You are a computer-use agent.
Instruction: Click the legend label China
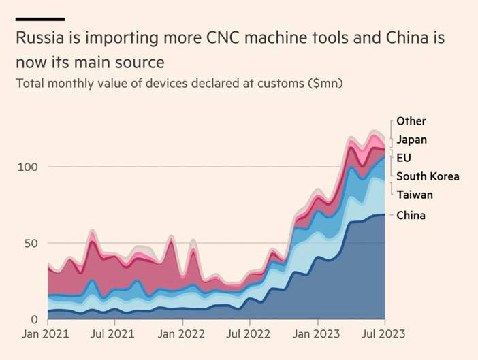(x=411, y=216)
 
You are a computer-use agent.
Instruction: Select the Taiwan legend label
(x=415, y=195)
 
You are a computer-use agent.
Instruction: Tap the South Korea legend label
(x=428, y=176)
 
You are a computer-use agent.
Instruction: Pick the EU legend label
(x=404, y=158)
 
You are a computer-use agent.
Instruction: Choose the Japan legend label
(x=411, y=140)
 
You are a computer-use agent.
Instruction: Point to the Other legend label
(x=411, y=121)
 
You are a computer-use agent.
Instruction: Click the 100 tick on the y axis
(x=28, y=167)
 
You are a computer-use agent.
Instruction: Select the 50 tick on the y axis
(x=31, y=243)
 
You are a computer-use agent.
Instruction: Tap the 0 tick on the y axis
(x=35, y=319)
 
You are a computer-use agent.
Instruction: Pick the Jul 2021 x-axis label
(x=113, y=334)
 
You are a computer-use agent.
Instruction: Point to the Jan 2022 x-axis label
(x=181, y=334)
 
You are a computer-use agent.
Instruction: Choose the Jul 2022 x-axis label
(x=249, y=334)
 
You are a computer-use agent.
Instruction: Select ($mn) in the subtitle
(x=323, y=84)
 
